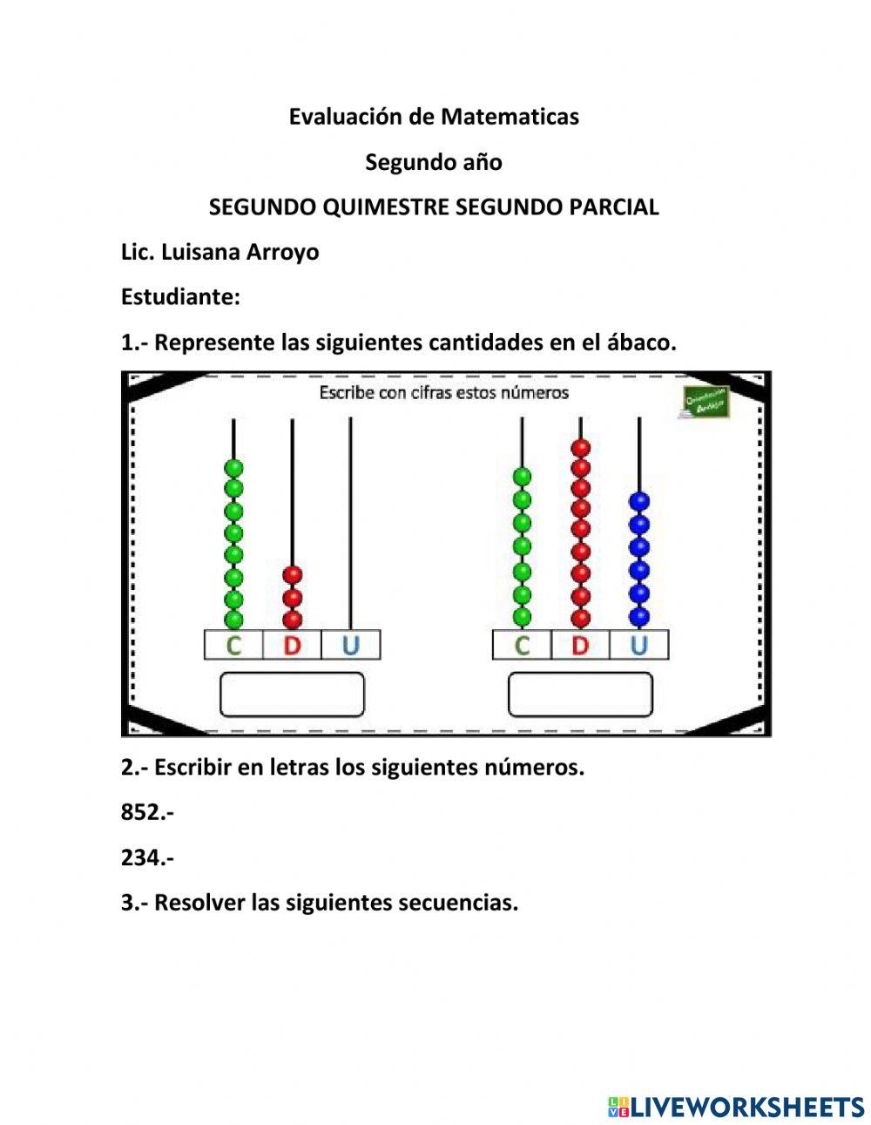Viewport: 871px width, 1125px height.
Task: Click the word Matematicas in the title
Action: pos(510,117)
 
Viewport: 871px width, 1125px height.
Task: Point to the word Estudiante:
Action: pos(180,297)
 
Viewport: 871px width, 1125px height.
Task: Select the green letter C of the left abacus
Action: pos(233,646)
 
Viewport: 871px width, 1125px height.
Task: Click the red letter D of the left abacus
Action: pos(292,646)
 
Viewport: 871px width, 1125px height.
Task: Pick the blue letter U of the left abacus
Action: pos(350,646)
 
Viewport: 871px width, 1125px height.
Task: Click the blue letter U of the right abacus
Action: pos(638,646)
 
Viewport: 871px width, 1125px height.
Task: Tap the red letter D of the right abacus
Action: pos(580,646)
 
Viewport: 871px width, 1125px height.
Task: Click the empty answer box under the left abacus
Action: pos(292,695)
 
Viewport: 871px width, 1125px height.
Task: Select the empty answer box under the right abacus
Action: pos(580,695)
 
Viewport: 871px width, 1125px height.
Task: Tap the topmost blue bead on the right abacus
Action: pos(639,502)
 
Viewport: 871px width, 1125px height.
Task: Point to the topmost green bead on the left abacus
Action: pos(233,468)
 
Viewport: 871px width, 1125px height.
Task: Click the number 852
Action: pos(142,813)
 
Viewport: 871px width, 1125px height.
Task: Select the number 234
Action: pos(142,858)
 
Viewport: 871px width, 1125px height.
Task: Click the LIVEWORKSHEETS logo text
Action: pos(747,1107)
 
